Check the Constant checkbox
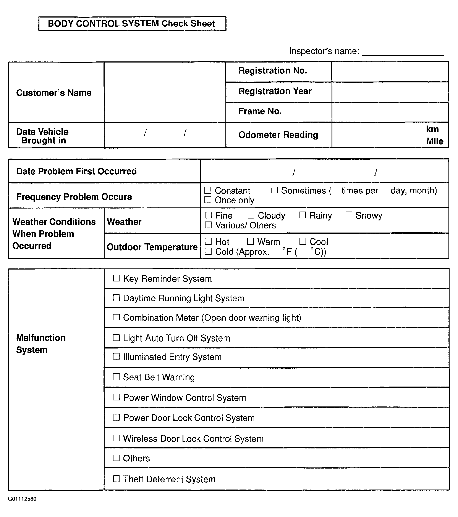(x=208, y=190)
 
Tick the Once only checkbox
(x=208, y=200)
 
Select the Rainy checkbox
(x=303, y=215)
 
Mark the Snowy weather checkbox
(x=349, y=215)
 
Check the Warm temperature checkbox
(x=250, y=241)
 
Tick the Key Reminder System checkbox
(x=116, y=278)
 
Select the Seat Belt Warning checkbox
(x=116, y=377)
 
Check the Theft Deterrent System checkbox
(x=116, y=478)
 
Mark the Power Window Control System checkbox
(x=116, y=397)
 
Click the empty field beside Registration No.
(x=390, y=72)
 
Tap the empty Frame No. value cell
(x=390, y=112)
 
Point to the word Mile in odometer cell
(x=435, y=141)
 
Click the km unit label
(x=432, y=129)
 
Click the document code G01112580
(x=22, y=499)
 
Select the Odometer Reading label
(x=278, y=135)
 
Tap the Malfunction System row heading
(x=41, y=344)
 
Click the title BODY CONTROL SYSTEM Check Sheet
(x=132, y=24)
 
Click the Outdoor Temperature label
(x=152, y=247)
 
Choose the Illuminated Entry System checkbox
(x=116, y=356)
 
